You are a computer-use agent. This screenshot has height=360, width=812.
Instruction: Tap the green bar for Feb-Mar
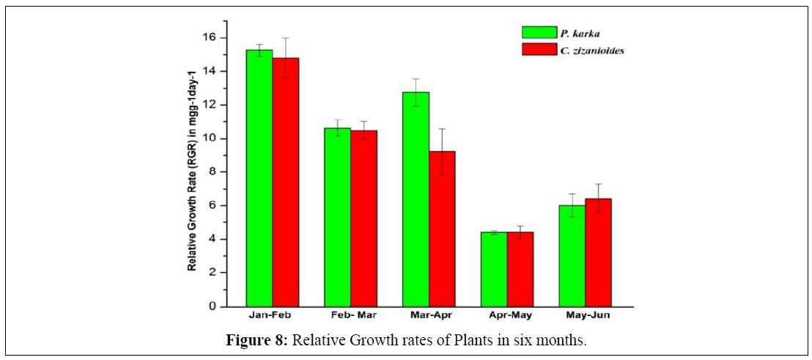tap(337, 217)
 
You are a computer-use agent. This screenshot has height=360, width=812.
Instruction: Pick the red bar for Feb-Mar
tap(363, 218)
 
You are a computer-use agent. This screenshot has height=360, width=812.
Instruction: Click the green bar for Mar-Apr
tap(416, 199)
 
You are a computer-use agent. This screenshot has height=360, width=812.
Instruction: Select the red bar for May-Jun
tap(598, 252)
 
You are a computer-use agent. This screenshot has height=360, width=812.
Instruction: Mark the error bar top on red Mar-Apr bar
tap(442, 129)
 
